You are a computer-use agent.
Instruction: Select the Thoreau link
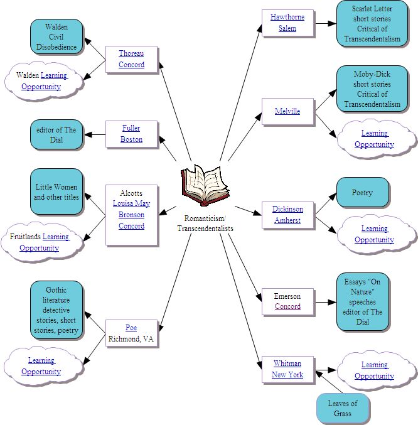tap(131, 54)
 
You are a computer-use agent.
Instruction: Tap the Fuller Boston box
tap(132, 134)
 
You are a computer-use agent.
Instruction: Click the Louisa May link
tap(131, 203)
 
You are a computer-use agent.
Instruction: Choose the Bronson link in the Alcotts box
tap(131, 215)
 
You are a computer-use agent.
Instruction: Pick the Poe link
tap(131, 328)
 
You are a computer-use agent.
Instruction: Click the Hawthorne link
tap(287, 17)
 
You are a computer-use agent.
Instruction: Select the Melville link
tap(287, 111)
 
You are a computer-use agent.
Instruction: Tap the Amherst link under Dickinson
tap(287, 220)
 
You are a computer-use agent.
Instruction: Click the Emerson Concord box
tap(287, 301)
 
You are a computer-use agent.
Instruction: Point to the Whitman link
tap(287, 363)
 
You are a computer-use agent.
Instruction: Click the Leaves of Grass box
tap(343, 408)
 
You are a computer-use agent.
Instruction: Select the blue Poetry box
tap(362, 193)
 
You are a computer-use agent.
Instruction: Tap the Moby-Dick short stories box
tap(372, 89)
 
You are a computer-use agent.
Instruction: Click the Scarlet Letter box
tap(372, 23)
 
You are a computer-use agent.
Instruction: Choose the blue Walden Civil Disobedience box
tap(56, 36)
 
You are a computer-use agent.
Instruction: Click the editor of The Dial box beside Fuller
tap(56, 135)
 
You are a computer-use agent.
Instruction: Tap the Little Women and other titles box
tap(56, 191)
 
